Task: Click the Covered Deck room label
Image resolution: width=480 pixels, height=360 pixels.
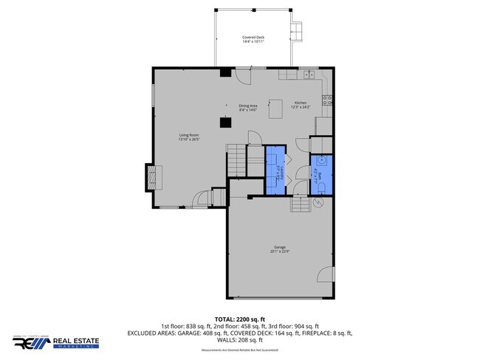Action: pos(253,39)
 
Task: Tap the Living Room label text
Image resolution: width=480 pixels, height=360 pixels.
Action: pos(188,137)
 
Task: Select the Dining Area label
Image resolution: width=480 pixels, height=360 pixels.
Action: pos(247,108)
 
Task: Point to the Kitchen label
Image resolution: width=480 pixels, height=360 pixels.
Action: pos(301,105)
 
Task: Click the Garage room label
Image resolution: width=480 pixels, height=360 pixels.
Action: pos(280,249)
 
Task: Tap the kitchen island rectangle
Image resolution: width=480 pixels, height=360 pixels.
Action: pos(275,110)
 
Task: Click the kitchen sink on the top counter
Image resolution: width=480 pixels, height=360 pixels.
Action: pos(308,75)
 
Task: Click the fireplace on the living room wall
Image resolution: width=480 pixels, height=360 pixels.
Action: pos(151,177)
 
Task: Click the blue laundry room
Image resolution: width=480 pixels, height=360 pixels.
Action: pos(275,170)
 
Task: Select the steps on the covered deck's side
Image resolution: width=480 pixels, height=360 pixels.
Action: pos(298,32)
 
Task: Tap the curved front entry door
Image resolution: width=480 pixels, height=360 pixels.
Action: pos(202,199)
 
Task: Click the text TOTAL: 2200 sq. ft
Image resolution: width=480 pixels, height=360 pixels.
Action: pos(239,319)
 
